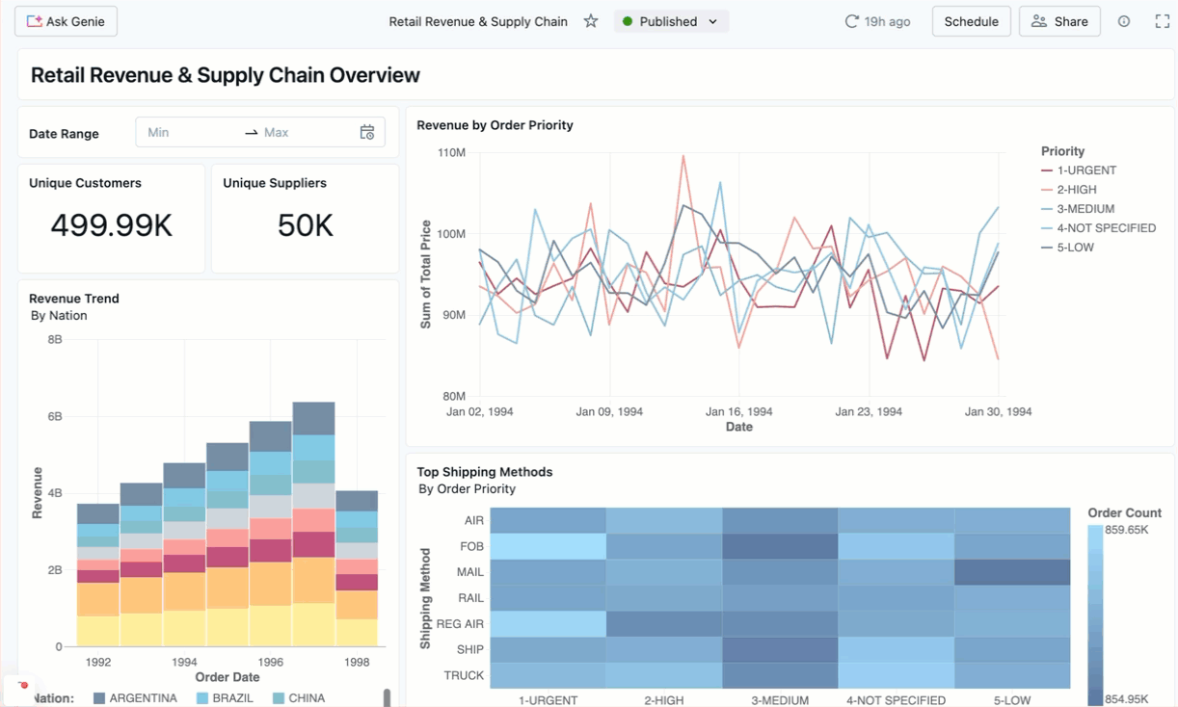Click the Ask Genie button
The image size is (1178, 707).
pos(66,21)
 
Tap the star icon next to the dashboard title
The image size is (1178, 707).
pos(591,21)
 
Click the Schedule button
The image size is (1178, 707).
pos(971,21)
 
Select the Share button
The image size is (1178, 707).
pos(1059,21)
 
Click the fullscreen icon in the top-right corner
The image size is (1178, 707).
pos(1162,21)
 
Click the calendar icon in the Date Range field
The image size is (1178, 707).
pos(367,133)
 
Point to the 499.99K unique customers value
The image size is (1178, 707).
pos(112,225)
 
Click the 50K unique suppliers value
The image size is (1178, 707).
pos(305,225)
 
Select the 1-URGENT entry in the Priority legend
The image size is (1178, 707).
pos(1085,170)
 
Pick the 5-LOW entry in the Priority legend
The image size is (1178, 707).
pos(1075,248)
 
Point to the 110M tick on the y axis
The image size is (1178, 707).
pos(451,153)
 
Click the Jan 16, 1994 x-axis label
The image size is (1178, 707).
pos(739,411)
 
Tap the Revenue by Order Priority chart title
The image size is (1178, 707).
pos(495,125)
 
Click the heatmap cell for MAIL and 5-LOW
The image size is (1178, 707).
pos(1012,572)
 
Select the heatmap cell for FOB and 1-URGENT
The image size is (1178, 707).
pos(548,546)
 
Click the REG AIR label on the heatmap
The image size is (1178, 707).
pos(461,624)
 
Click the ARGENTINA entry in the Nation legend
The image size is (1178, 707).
pos(143,697)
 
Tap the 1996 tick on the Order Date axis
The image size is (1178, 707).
pos(271,663)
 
